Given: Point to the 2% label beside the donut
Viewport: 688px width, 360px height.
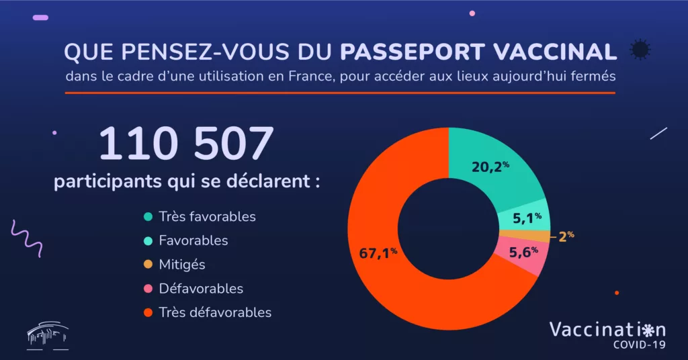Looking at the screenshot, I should click(x=566, y=236).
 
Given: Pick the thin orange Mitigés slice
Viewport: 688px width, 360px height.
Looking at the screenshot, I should click(x=524, y=235).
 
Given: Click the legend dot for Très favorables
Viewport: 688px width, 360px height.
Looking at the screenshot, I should click(x=147, y=217).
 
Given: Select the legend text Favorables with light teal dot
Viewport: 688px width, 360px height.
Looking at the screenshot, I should click(x=193, y=240).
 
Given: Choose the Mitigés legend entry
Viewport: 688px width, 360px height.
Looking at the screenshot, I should click(x=182, y=265).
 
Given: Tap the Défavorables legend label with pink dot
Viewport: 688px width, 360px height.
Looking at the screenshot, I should click(x=201, y=289).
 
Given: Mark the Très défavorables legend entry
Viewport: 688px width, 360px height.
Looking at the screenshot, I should click(x=215, y=312).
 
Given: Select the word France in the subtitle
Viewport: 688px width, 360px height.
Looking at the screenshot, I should click(x=311, y=76).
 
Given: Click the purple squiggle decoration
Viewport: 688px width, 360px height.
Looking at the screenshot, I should click(x=28, y=238).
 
